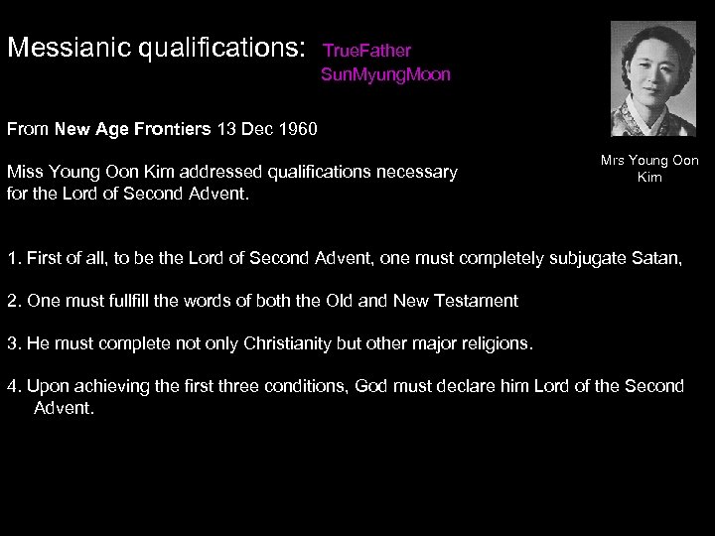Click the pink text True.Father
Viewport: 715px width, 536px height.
366,50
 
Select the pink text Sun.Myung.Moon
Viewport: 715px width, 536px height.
387,74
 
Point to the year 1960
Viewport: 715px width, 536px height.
300,129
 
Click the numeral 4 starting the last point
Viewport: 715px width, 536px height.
13,386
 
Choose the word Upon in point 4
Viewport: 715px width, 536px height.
46,386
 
